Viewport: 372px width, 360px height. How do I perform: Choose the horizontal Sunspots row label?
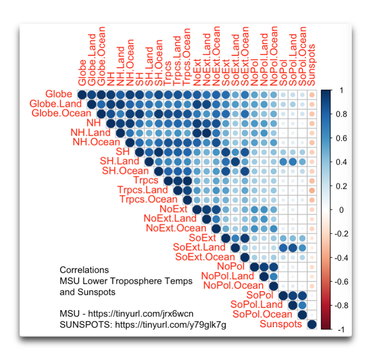281,324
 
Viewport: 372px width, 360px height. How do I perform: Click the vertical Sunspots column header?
312,64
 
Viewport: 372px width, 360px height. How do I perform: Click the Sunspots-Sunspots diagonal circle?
312,324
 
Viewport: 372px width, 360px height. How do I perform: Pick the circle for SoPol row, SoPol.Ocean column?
302,296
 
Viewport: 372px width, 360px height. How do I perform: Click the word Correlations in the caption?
84,270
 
